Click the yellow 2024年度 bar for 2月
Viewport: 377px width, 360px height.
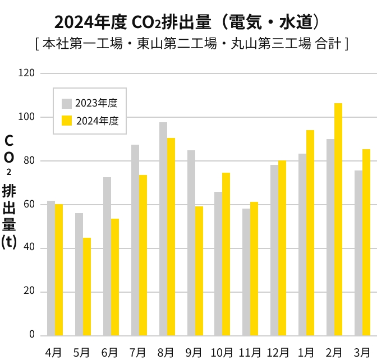tap(338, 219)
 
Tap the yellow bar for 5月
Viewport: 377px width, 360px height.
tap(87, 286)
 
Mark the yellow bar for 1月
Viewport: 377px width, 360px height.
tap(310, 232)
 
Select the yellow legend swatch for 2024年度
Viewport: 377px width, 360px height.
tap(67, 121)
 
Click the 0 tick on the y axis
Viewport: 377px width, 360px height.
tap(32, 335)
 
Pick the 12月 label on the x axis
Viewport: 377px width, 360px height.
tap(278, 352)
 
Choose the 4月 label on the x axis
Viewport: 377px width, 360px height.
tap(54, 352)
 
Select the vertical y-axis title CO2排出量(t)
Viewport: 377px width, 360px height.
tap(9, 191)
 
